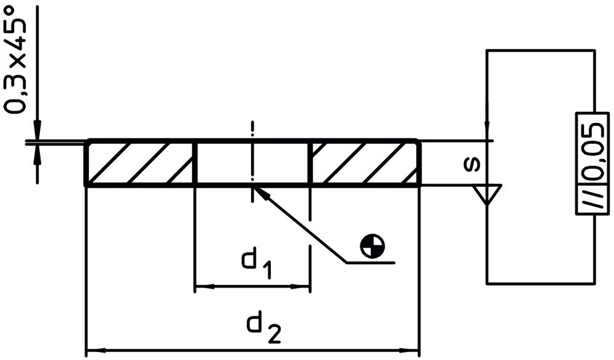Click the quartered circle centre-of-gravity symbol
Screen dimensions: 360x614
[x=373, y=246]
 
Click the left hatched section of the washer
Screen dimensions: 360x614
[x=140, y=163]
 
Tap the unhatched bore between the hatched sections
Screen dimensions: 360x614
[x=253, y=163]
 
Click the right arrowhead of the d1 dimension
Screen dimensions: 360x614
[x=303, y=286]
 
